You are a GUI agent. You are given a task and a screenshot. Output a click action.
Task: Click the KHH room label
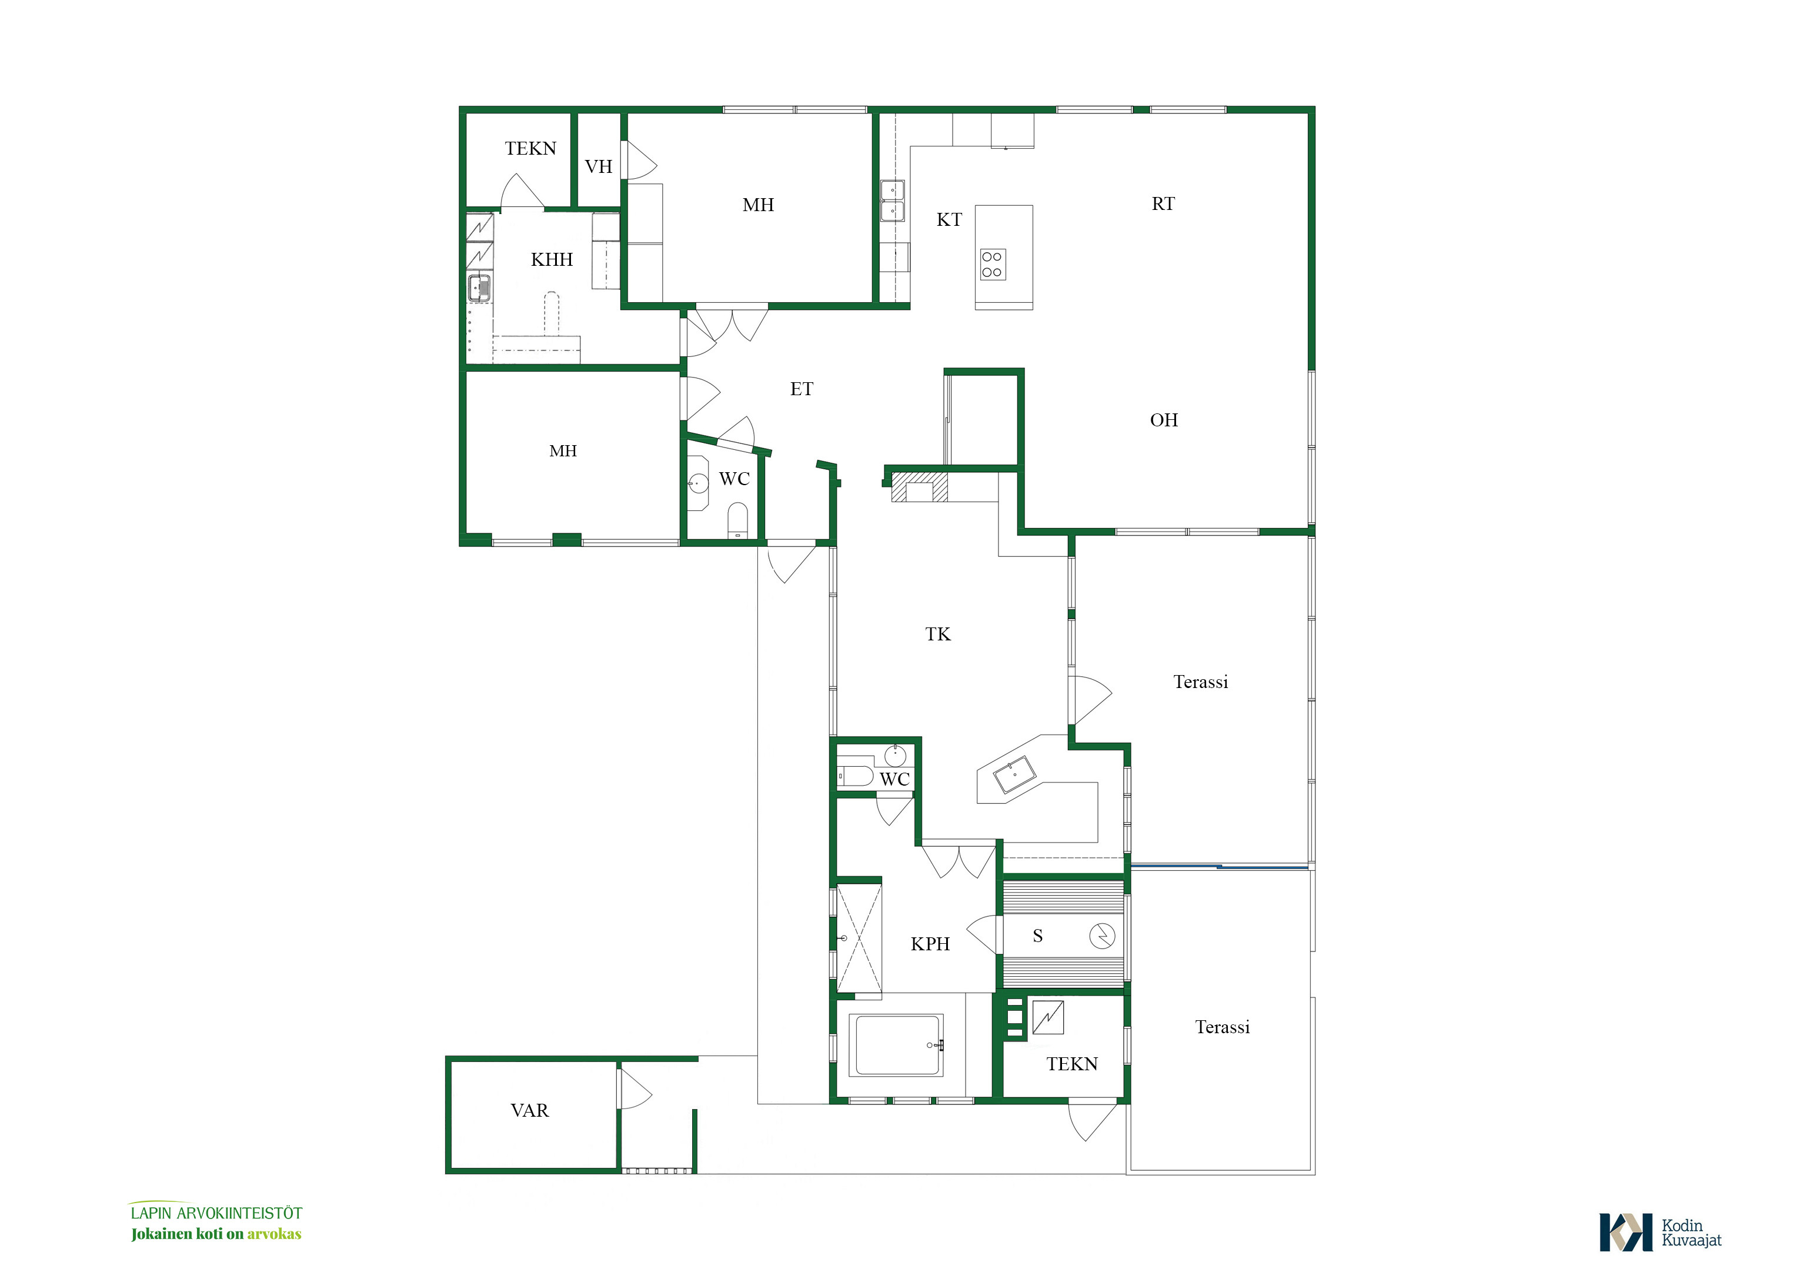[552, 259]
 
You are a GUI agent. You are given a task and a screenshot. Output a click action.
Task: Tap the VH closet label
[599, 166]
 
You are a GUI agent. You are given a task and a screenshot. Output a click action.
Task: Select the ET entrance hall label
[801, 389]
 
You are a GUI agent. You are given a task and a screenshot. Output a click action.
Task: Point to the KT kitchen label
[949, 219]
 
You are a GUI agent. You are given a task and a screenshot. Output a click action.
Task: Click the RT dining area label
[1163, 203]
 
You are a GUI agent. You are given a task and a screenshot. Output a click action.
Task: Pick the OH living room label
[1164, 419]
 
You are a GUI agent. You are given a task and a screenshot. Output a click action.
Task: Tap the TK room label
[938, 634]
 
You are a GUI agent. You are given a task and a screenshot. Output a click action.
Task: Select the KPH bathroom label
[930, 944]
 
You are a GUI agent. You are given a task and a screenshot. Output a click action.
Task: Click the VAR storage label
[530, 1110]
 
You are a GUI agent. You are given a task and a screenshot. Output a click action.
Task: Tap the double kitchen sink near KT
[893, 201]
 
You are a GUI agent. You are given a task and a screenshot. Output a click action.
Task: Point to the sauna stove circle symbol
[1102, 936]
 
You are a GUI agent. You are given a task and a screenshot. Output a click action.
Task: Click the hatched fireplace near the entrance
[919, 486]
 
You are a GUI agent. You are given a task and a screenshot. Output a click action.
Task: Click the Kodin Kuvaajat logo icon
[1625, 1233]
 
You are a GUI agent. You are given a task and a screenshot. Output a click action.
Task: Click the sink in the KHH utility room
[479, 288]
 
